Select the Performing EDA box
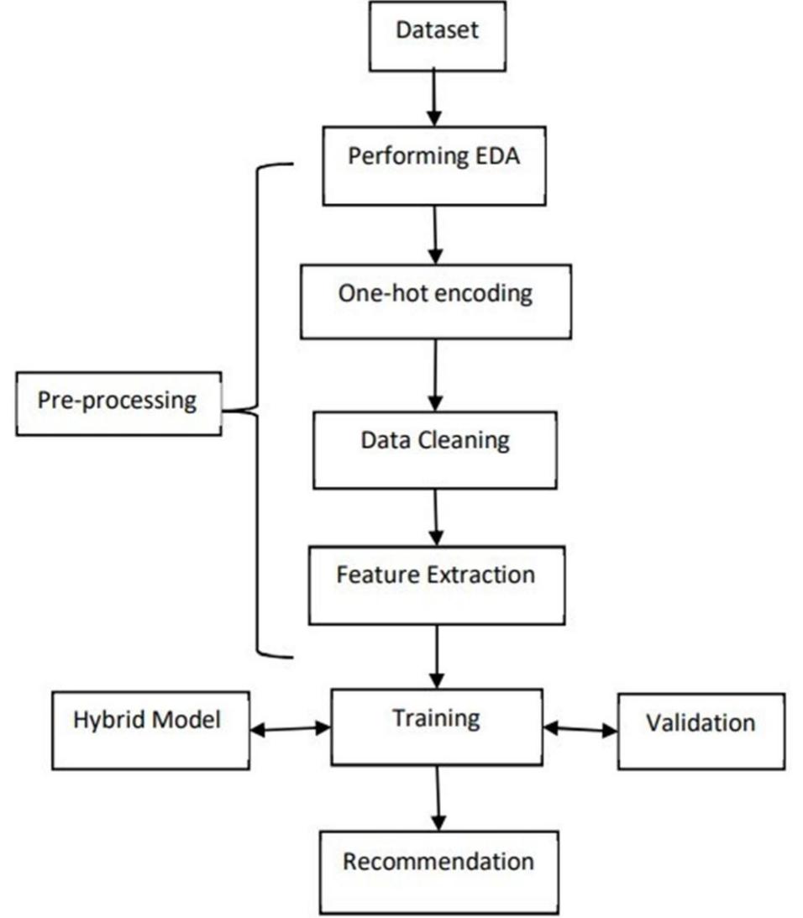tap(435, 165)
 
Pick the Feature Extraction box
tap(435, 584)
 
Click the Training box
tap(437, 726)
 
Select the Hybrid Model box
tap(150, 729)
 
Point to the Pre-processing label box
tap(118, 404)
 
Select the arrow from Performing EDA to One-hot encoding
tap(435, 234)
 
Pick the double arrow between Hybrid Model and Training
tap(291, 730)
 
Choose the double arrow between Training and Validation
tap(580, 730)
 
